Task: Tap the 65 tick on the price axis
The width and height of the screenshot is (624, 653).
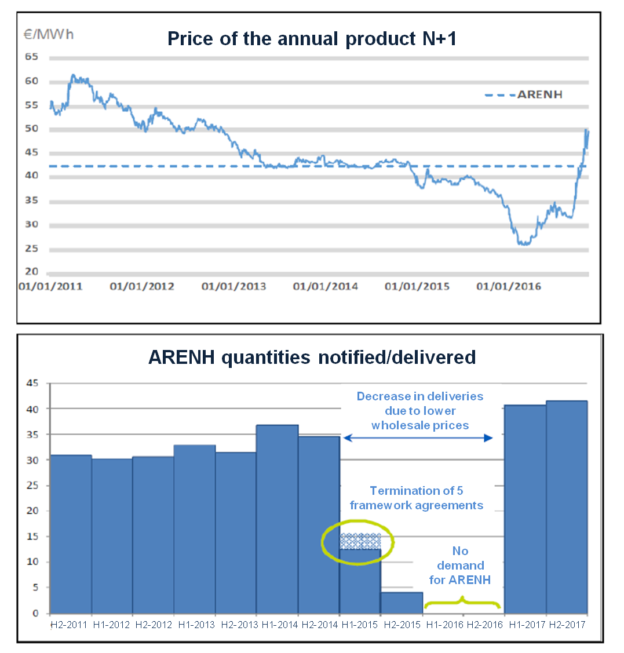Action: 31,57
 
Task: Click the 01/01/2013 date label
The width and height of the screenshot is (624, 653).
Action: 234,286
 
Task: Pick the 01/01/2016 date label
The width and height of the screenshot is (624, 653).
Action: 509,286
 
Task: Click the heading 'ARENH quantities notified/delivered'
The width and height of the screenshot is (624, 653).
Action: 312,357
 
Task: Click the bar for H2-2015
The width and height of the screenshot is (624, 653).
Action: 402,603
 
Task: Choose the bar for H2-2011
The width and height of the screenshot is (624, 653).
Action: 71,534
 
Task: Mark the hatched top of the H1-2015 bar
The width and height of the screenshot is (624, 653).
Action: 360,541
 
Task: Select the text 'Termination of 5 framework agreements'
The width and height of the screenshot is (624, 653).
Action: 417,498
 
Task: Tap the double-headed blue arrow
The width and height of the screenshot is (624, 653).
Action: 418,439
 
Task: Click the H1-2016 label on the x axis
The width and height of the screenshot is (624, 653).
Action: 443,625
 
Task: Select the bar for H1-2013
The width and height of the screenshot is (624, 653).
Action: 195,529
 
